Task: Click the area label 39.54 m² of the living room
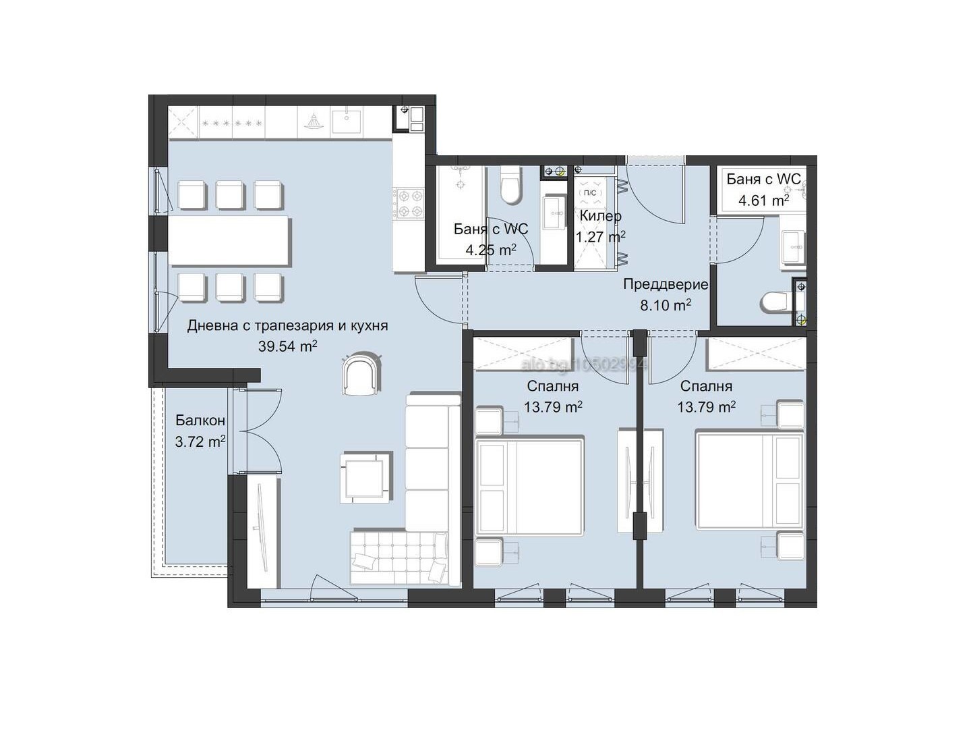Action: tap(287, 346)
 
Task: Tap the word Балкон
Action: tap(200, 421)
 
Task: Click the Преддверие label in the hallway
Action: tap(665, 284)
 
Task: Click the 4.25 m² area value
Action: tap(490, 250)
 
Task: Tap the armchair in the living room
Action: tap(362, 375)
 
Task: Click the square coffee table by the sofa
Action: tap(365, 477)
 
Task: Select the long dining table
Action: tap(229, 241)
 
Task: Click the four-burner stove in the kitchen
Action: tap(409, 204)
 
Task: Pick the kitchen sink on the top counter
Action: tap(347, 122)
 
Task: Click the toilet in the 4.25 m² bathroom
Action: tap(512, 187)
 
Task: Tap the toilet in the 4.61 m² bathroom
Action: tap(777, 302)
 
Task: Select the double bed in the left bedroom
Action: tap(529, 486)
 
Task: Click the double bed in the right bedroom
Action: tap(749, 481)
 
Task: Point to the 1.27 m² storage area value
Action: tap(600, 237)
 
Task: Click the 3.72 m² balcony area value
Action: tap(200, 442)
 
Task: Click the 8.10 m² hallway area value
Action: tap(665, 305)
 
